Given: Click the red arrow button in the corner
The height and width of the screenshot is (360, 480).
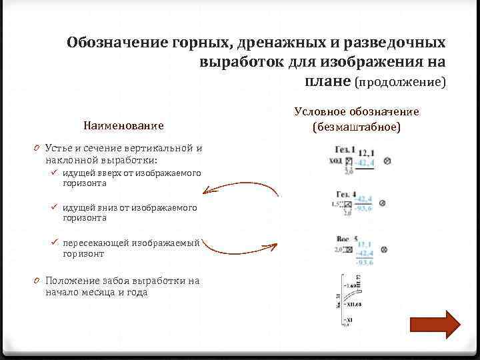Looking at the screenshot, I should pyautogui.click(x=434, y=324).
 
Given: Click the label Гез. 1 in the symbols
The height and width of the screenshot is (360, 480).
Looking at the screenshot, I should pyautogui.click(x=345, y=151).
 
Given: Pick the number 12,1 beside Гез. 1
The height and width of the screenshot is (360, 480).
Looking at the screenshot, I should pyautogui.click(x=366, y=153).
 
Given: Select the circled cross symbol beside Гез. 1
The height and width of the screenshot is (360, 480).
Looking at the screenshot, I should pyautogui.click(x=387, y=161).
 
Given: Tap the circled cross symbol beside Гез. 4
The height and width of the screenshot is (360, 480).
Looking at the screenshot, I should pyautogui.click(x=387, y=203).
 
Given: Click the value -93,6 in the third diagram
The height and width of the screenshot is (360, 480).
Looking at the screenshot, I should pyautogui.click(x=365, y=262).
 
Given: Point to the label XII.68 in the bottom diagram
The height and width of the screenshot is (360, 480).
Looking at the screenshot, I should pyautogui.click(x=354, y=305).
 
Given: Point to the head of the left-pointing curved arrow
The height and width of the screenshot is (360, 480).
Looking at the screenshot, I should pyautogui.click(x=205, y=192).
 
